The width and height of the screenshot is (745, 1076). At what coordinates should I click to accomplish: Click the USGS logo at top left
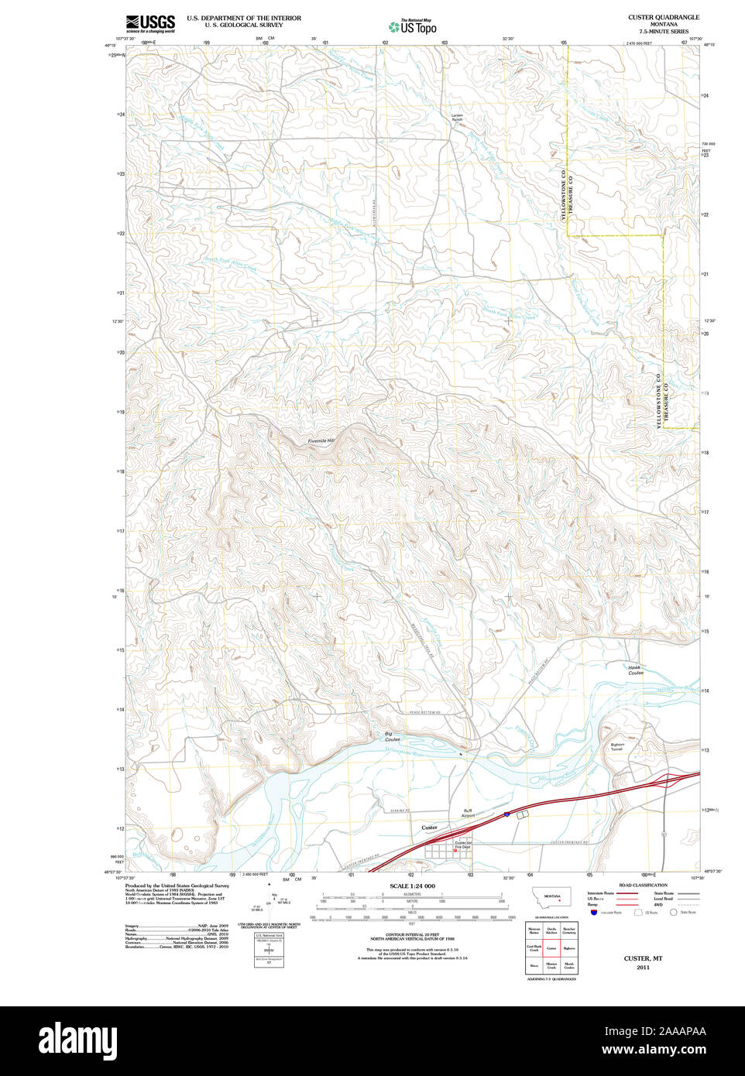point(150,22)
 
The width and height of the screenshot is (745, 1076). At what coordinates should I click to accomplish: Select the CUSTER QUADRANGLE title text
point(663,17)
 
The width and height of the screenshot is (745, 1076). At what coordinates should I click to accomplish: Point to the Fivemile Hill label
point(321,440)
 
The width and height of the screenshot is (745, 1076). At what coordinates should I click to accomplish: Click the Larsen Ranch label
point(457,118)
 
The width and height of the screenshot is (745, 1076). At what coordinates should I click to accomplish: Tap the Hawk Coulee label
point(634,670)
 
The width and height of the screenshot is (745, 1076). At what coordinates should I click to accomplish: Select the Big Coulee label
point(393,736)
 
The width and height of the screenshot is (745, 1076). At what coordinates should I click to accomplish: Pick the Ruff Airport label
point(468,813)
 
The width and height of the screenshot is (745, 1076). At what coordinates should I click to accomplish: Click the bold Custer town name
point(429,828)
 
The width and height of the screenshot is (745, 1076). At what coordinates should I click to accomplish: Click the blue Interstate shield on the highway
point(506,814)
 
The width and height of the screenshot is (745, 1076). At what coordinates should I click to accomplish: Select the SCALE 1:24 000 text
point(412,886)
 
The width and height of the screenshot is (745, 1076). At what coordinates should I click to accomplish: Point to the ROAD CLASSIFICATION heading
point(643,885)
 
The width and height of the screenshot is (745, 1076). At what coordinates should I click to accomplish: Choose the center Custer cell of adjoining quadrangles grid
point(551,947)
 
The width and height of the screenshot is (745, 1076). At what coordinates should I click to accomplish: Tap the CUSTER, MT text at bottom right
point(643,958)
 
